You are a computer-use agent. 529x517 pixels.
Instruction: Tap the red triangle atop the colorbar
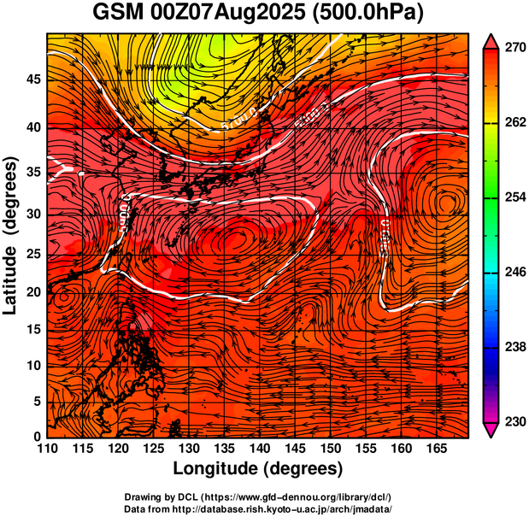click(491, 40)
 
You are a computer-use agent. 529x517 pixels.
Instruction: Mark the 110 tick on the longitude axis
click(47, 449)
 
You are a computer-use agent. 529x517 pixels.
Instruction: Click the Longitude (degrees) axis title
click(258, 468)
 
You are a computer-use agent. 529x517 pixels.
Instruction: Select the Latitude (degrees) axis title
click(11, 235)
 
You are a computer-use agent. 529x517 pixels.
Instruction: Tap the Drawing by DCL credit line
click(258, 496)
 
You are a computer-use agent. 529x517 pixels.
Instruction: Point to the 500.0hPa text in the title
click(367, 14)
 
